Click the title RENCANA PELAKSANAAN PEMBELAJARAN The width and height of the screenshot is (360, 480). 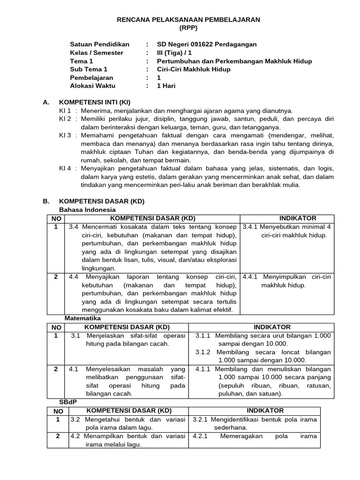188,19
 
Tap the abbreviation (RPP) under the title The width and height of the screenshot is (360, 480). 188,28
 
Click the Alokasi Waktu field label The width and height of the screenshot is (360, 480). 92,86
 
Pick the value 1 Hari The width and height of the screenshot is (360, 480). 166,86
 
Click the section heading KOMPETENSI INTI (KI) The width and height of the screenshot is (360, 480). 94,102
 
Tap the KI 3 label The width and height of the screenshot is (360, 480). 65,135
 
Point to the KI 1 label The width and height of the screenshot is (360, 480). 65,111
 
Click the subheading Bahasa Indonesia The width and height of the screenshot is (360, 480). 87,210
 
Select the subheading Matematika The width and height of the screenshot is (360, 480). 82,318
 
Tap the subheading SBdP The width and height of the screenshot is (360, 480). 67,402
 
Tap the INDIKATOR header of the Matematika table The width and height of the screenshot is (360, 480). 272,327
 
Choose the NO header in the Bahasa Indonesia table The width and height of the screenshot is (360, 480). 56,218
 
